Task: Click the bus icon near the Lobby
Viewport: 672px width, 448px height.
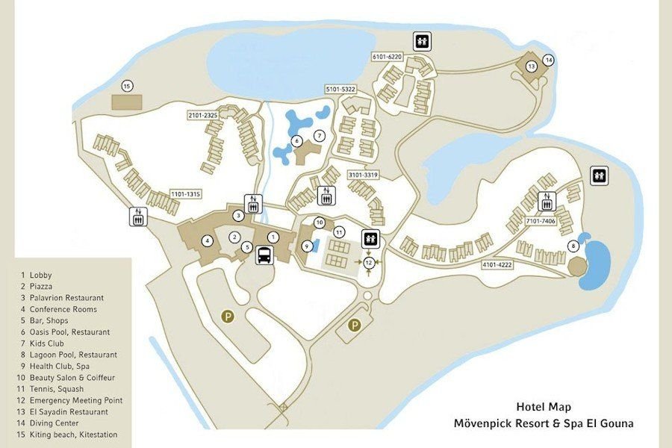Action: (264, 256)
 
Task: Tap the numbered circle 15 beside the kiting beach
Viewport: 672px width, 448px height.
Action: (127, 86)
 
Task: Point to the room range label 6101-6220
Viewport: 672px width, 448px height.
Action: (387, 57)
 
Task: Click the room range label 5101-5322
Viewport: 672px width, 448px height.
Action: (340, 89)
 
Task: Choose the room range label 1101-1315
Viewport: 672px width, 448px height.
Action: (186, 194)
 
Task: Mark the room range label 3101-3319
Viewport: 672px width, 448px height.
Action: (364, 175)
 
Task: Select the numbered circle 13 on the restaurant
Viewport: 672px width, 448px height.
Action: (532, 66)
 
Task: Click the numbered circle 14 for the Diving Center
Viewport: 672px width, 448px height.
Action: (549, 60)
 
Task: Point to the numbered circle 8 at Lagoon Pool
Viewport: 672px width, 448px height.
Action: (573, 246)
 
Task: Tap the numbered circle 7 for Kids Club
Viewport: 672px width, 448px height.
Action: (319, 136)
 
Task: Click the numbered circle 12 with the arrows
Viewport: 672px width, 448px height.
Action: (369, 263)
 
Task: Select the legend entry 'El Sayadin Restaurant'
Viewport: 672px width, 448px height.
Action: (69, 411)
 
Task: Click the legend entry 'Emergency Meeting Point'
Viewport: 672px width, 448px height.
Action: (76, 400)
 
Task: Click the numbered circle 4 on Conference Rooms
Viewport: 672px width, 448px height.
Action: (207, 240)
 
